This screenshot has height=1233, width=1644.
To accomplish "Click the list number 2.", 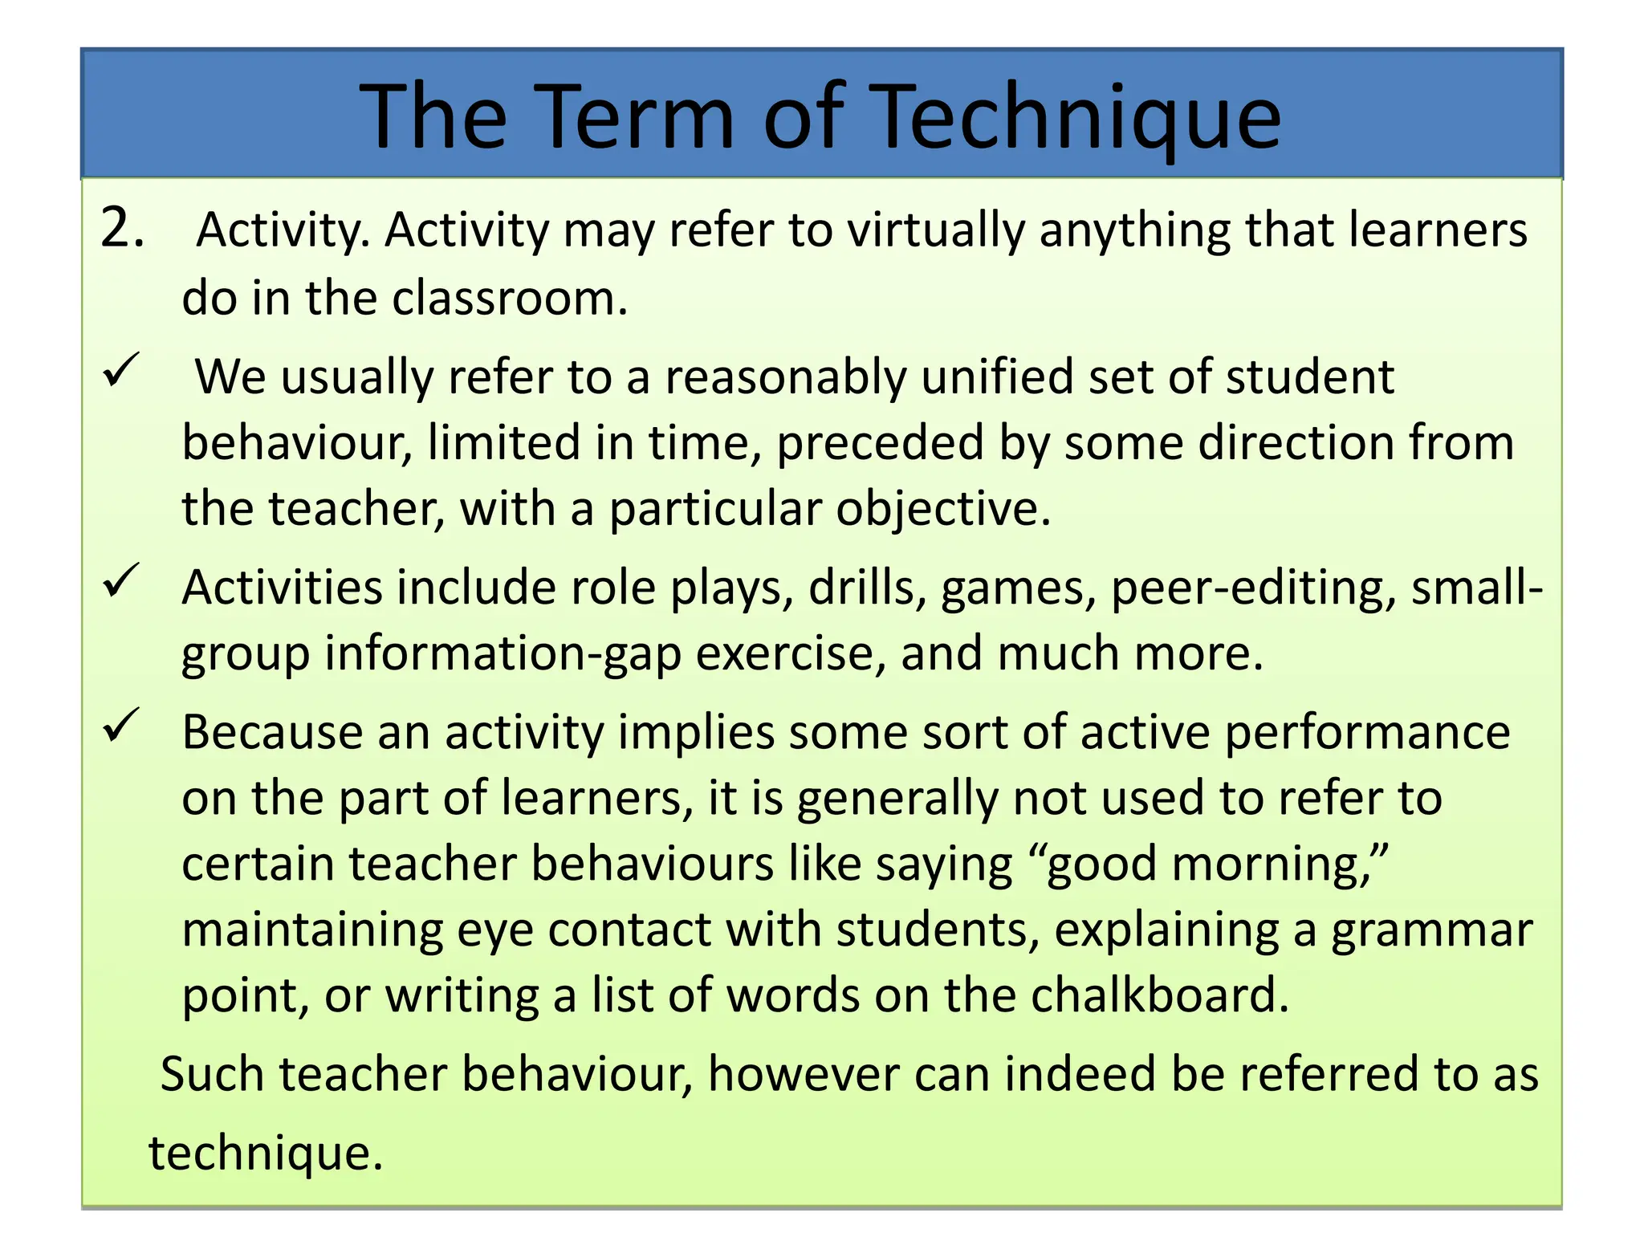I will click(x=122, y=229).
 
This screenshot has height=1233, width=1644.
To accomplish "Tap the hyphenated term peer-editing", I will click(x=1253, y=589).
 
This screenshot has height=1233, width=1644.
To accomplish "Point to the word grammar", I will click(x=1432, y=931).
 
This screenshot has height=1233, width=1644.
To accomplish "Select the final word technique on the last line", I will click(x=266, y=1154).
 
